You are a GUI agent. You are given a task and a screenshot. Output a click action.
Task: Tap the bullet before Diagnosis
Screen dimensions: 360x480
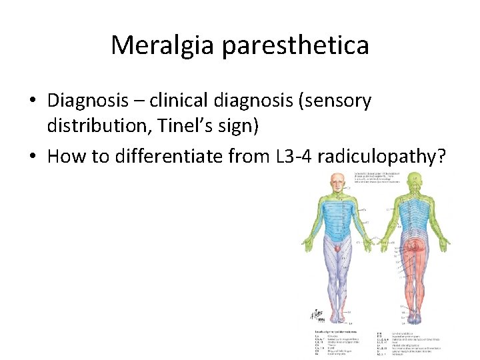point(32,102)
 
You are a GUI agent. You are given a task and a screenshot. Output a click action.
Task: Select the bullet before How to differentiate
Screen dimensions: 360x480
point(32,157)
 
